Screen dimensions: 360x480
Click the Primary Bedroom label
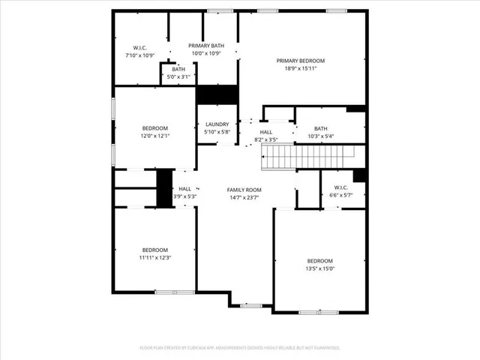[300, 61]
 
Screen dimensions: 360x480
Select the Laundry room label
[217, 124]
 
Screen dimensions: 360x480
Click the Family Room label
[244, 190]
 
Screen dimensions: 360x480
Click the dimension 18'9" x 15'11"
[300, 68]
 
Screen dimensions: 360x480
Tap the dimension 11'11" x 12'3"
[155, 257]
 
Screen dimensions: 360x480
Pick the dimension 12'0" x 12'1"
[155, 136]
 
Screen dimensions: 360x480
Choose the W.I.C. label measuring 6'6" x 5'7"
[340, 195]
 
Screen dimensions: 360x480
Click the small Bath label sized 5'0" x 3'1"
[178, 76]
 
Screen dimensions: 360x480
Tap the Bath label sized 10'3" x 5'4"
[321, 136]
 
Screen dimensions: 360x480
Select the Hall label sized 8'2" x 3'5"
[266, 139]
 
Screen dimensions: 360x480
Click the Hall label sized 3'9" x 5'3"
[184, 196]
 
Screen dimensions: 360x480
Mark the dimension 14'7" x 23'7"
[244, 197]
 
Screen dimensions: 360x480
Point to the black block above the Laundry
[217, 95]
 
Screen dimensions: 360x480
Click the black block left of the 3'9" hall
[164, 188]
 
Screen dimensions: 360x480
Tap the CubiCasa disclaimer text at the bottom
[239, 348]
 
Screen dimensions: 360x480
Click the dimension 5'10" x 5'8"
[217, 132]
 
